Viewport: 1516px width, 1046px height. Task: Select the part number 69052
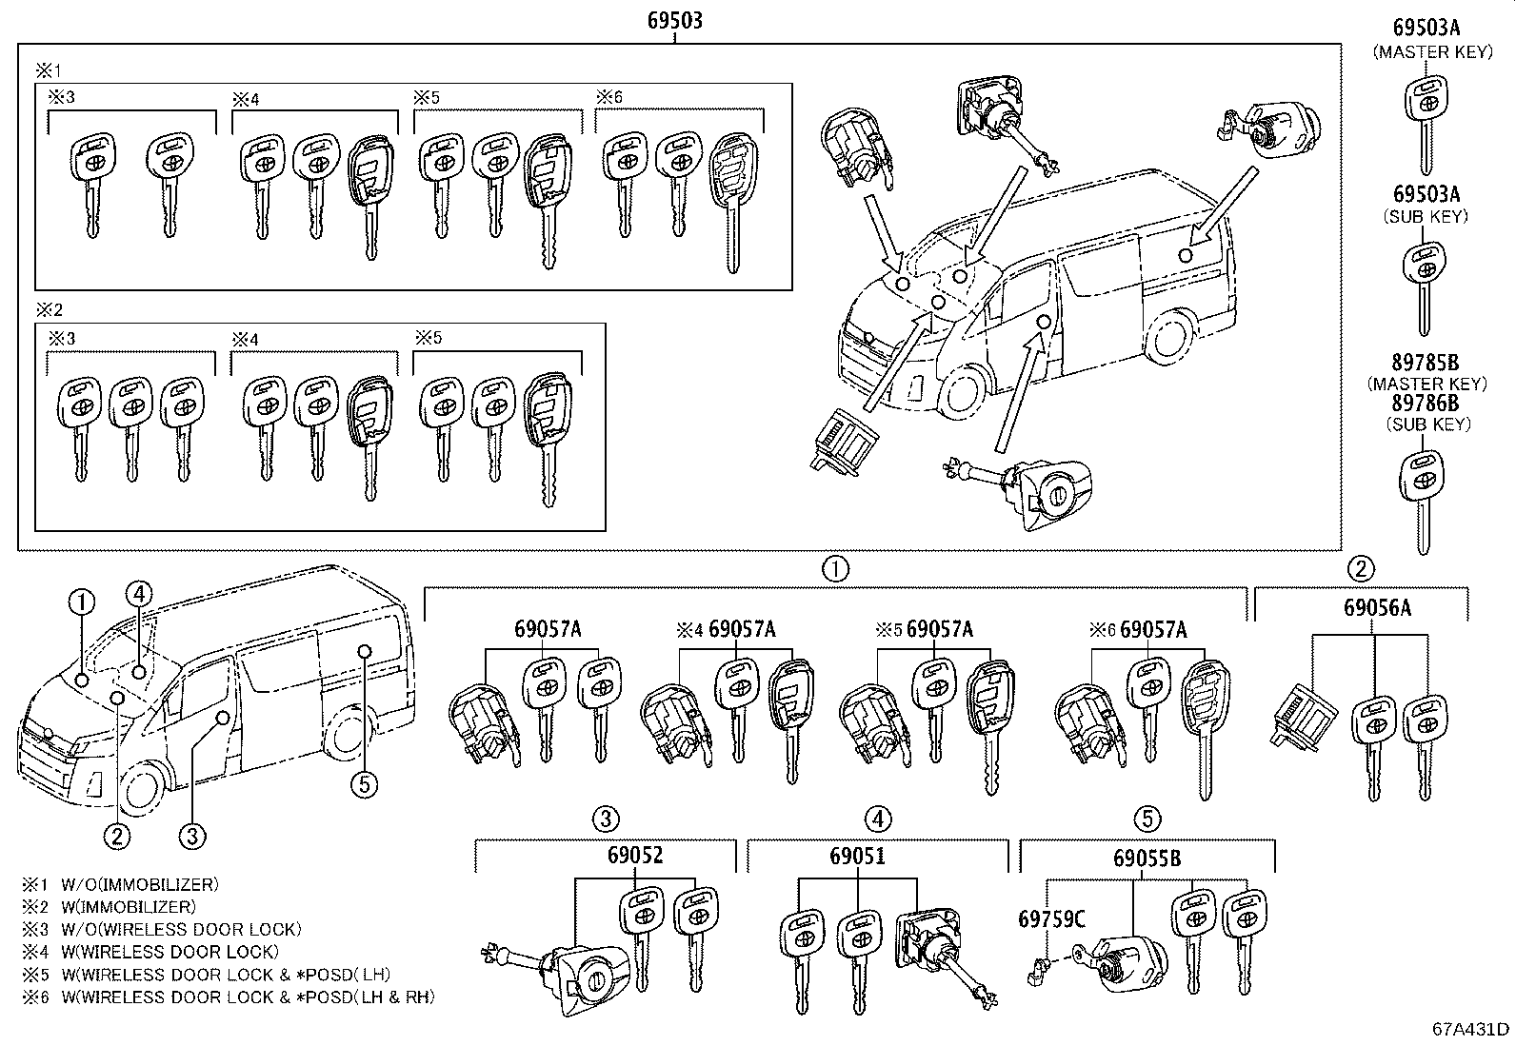pyautogui.click(x=635, y=856)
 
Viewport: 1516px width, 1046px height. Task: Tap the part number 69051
pyautogui.click(x=857, y=856)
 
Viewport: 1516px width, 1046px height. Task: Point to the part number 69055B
pyautogui.click(x=1147, y=858)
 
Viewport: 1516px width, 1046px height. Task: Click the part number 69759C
pyautogui.click(x=1050, y=919)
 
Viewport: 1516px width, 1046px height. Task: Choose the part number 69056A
pyautogui.click(x=1377, y=607)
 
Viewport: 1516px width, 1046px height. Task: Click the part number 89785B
pyautogui.click(x=1425, y=364)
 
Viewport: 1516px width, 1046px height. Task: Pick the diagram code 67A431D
pyautogui.click(x=1470, y=1030)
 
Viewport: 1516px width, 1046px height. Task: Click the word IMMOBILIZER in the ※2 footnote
pyautogui.click(x=148, y=907)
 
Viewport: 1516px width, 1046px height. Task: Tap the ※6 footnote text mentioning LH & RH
pyautogui.click(x=248, y=997)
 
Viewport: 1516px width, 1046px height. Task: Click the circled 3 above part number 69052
pyautogui.click(x=607, y=819)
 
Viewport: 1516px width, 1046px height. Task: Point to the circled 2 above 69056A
pyautogui.click(x=1360, y=569)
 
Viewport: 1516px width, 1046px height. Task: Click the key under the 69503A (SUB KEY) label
pyautogui.click(x=1425, y=286)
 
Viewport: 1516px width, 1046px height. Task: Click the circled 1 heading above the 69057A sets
pyautogui.click(x=834, y=569)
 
